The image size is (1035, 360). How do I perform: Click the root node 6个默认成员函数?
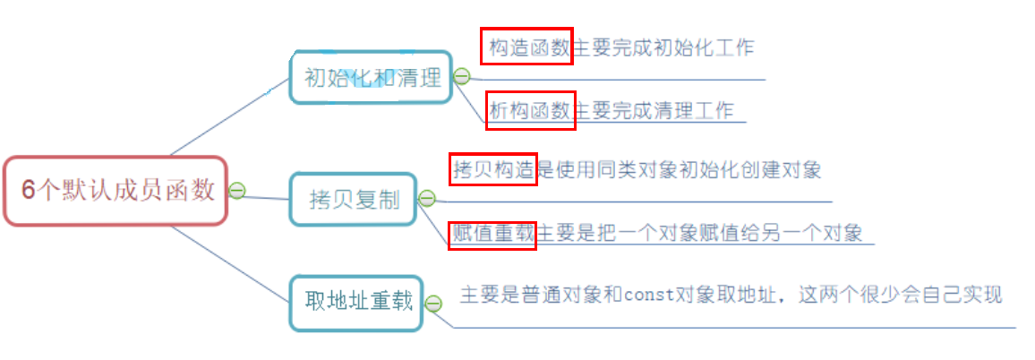(x=116, y=191)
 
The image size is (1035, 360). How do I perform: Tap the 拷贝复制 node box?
(x=354, y=199)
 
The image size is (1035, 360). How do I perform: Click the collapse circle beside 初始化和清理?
(x=462, y=77)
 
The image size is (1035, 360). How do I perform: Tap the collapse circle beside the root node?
(x=236, y=190)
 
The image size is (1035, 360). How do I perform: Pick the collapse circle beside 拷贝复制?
(x=427, y=199)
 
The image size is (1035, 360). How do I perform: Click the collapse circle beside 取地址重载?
(x=433, y=304)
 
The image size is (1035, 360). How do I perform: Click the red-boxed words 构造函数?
(x=527, y=47)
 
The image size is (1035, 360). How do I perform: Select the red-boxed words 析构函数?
(x=530, y=109)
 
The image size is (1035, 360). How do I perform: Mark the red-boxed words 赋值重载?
(x=492, y=233)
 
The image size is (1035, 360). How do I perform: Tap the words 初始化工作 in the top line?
(x=712, y=47)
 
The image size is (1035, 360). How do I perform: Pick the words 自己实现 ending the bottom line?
(x=969, y=294)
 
